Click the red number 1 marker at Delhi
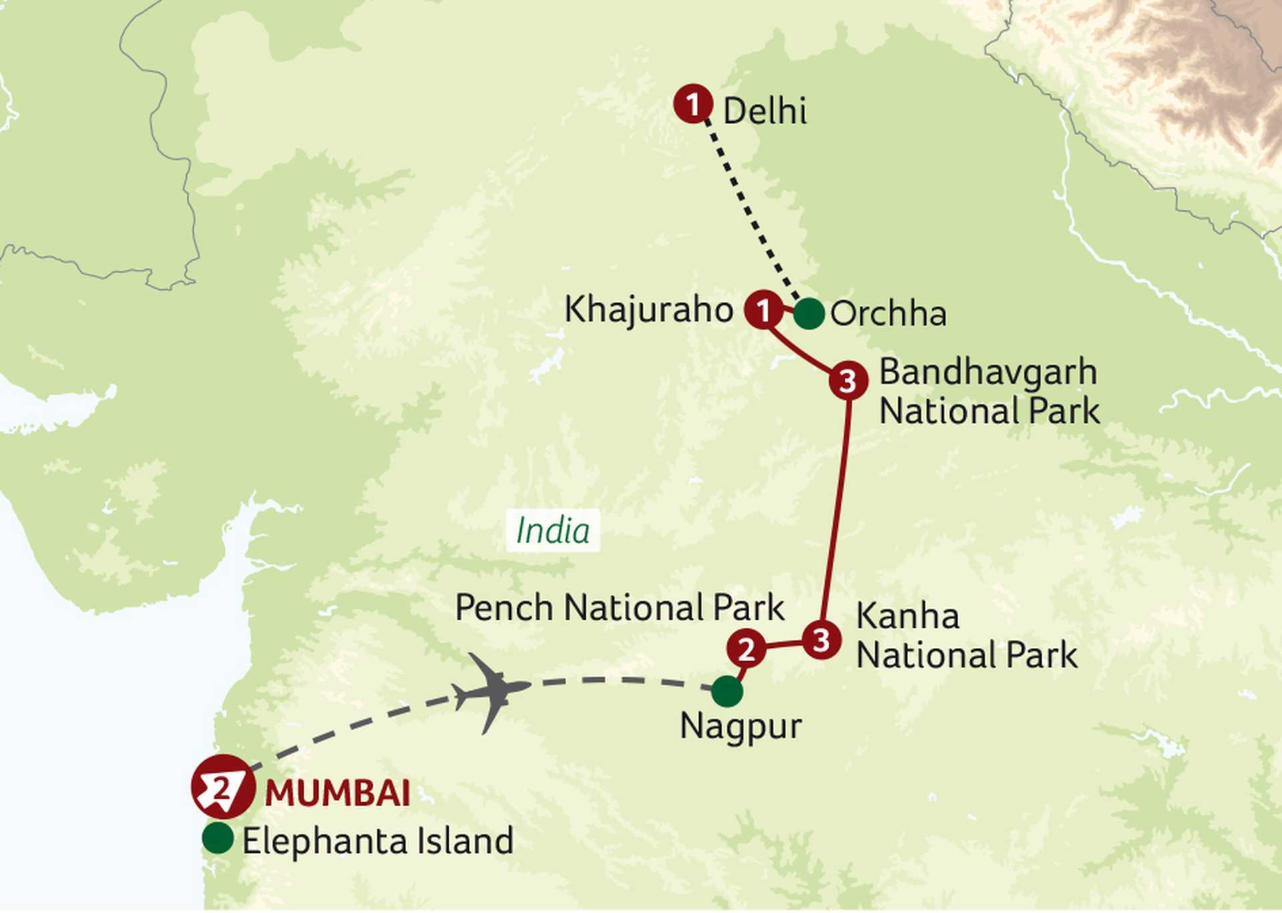(x=692, y=104)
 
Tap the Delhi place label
(x=765, y=111)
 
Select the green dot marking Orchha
(x=809, y=313)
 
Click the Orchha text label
(x=888, y=314)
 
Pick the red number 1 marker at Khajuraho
(x=763, y=309)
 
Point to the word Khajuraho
(x=648, y=310)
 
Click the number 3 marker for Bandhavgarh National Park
(x=848, y=381)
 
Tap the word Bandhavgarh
(x=988, y=372)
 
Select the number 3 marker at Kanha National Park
(x=821, y=641)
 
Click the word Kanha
(x=907, y=616)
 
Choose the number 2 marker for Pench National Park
(x=746, y=648)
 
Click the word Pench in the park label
(x=504, y=608)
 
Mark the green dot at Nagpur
(x=727, y=691)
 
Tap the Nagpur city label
(x=740, y=727)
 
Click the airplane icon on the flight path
(x=493, y=691)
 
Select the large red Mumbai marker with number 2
(x=223, y=787)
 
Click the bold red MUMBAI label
(x=338, y=793)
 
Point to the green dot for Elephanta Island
(x=218, y=838)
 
